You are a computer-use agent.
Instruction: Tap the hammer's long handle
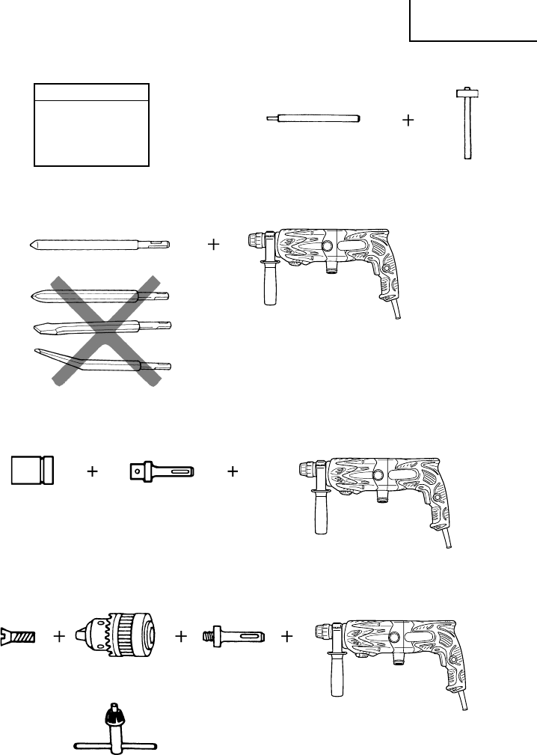[x=467, y=131]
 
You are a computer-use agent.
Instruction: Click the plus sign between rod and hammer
[x=408, y=120]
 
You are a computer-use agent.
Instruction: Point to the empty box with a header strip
[x=92, y=124]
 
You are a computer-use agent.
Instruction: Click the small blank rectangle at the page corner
[x=473, y=20]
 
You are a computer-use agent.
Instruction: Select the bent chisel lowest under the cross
[x=101, y=360]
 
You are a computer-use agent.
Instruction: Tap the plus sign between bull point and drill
[x=214, y=244]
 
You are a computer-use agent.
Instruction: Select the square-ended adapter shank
[x=162, y=471]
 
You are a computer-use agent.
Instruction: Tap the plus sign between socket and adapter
[x=92, y=472]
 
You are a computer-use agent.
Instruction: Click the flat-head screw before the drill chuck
[x=20, y=636]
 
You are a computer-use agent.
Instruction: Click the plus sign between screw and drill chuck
[x=60, y=637]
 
